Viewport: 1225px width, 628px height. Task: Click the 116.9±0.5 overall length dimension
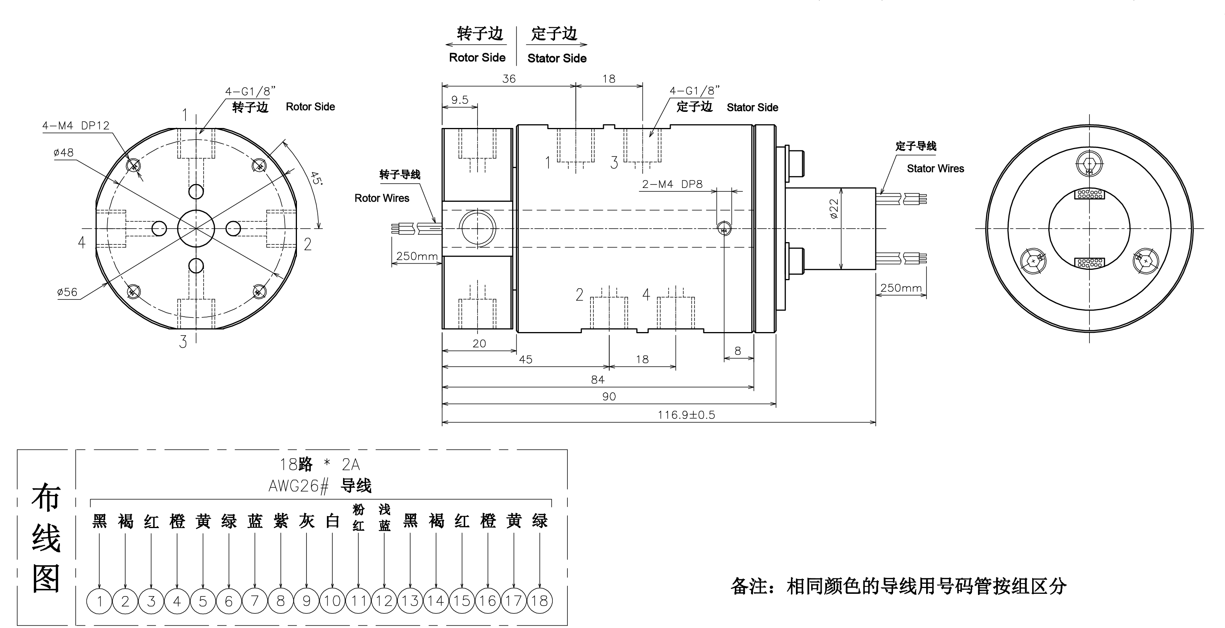[686, 415]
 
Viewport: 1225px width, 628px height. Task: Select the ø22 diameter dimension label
[834, 209]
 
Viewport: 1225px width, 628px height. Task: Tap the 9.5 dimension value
[459, 100]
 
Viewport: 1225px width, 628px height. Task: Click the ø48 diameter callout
[63, 153]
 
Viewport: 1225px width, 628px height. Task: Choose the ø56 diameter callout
[67, 292]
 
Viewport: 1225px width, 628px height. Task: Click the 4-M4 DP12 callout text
[76, 126]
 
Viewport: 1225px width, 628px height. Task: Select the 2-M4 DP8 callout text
[672, 184]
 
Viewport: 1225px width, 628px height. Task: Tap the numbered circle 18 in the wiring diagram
[539, 601]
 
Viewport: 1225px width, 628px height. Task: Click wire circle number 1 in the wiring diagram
[99, 601]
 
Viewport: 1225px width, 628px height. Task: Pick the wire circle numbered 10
[332, 601]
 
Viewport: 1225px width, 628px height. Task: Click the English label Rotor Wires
[382, 198]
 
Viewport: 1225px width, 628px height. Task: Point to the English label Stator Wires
[935, 168]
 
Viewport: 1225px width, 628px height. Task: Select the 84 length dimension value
[597, 380]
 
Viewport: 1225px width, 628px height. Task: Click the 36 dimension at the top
[509, 79]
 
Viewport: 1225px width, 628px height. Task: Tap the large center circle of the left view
[196, 229]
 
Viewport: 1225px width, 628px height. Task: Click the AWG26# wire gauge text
[298, 486]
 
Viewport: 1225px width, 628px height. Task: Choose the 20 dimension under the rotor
[479, 344]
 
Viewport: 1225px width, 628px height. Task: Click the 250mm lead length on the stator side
[901, 288]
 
